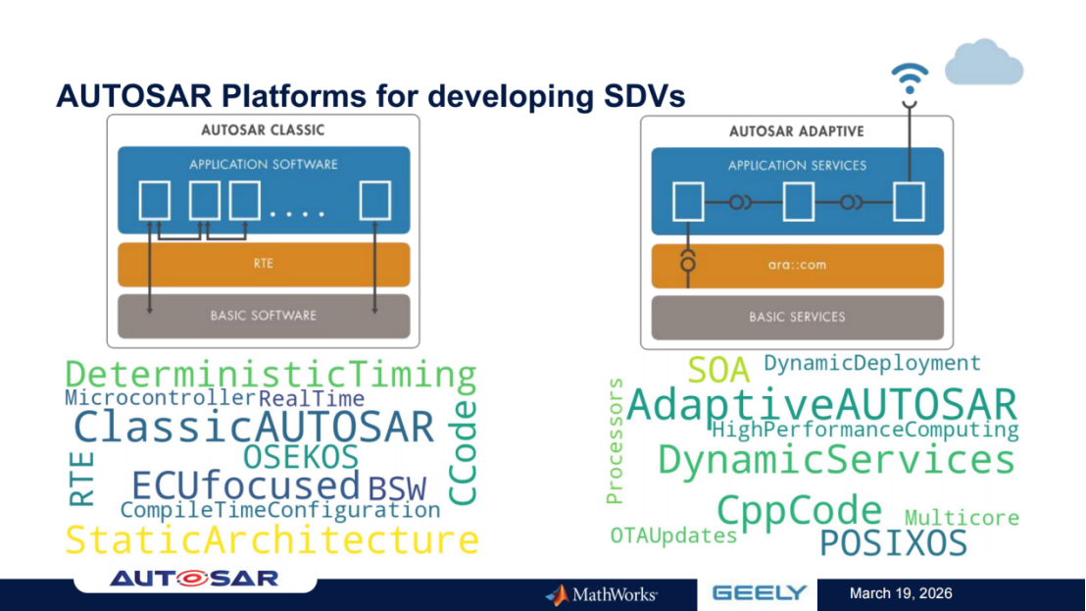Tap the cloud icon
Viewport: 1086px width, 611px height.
pos(983,63)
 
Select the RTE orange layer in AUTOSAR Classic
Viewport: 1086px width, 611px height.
pos(263,264)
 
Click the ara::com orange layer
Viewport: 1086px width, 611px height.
pos(797,266)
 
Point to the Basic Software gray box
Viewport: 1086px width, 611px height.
pos(263,316)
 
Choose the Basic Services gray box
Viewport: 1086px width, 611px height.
pos(797,317)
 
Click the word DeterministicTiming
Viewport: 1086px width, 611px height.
pos(271,375)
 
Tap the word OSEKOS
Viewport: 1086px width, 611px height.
pos(301,457)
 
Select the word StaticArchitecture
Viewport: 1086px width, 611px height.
pos(271,540)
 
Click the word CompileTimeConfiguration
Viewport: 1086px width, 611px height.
pos(280,510)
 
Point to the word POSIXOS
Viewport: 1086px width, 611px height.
pos(893,543)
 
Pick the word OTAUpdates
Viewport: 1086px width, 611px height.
pos(673,535)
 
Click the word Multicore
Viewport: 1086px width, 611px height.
pos(962,517)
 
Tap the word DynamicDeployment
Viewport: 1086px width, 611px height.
pos(871,363)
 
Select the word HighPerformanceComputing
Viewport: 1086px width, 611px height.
pos(864,430)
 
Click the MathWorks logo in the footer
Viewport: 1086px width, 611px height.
pos(602,594)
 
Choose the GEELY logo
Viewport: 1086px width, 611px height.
pos(759,592)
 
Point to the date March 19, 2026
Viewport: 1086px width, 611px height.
pos(901,593)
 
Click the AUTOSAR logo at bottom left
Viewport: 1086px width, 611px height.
pos(194,579)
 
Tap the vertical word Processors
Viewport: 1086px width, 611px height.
pos(615,440)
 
